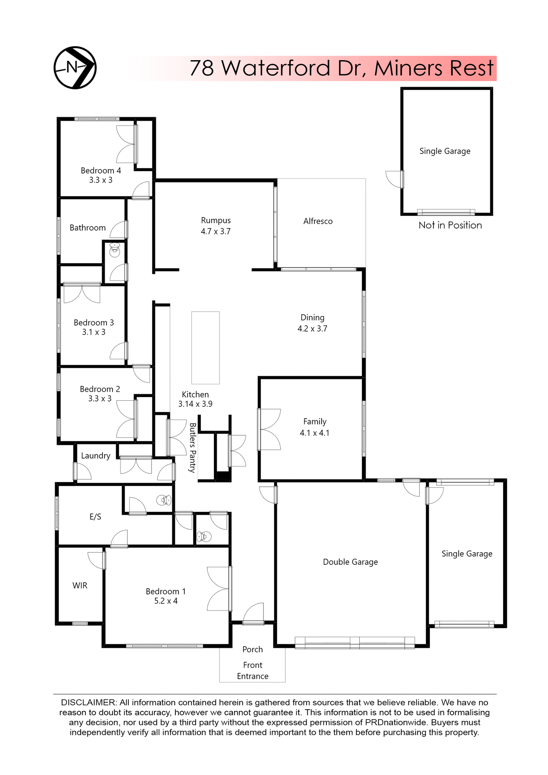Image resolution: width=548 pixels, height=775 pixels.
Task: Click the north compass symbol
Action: tap(75, 67)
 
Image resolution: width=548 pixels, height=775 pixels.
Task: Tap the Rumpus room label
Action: tap(216, 220)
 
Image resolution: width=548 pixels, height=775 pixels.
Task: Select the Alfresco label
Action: tap(318, 221)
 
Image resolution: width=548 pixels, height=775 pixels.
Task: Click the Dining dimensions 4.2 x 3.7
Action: tap(312, 329)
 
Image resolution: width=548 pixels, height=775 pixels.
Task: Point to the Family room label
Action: tap(315, 421)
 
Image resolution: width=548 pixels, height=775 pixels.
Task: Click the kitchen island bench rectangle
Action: tap(205, 348)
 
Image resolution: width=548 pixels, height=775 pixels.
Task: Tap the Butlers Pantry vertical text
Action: tap(192, 448)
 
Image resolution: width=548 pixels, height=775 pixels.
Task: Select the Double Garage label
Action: tap(350, 562)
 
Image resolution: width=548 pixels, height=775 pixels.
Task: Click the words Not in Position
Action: tap(450, 225)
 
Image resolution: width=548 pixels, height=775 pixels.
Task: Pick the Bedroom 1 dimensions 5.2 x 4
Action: tap(166, 601)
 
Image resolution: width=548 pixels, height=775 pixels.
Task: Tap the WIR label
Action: tap(80, 585)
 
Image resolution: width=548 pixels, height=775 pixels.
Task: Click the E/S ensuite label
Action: tap(95, 517)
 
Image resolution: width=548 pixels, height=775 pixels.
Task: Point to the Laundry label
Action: tap(96, 456)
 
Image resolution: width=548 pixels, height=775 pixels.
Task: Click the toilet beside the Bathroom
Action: tap(115, 250)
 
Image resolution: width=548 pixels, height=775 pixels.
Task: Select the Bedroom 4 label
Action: tap(101, 170)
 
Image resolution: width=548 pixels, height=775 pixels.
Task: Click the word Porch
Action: tap(253, 649)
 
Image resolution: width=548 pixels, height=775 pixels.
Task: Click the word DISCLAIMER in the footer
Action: tap(88, 703)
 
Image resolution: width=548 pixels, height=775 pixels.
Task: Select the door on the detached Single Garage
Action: tap(394, 179)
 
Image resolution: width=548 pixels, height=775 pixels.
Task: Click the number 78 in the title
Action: tap(201, 68)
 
